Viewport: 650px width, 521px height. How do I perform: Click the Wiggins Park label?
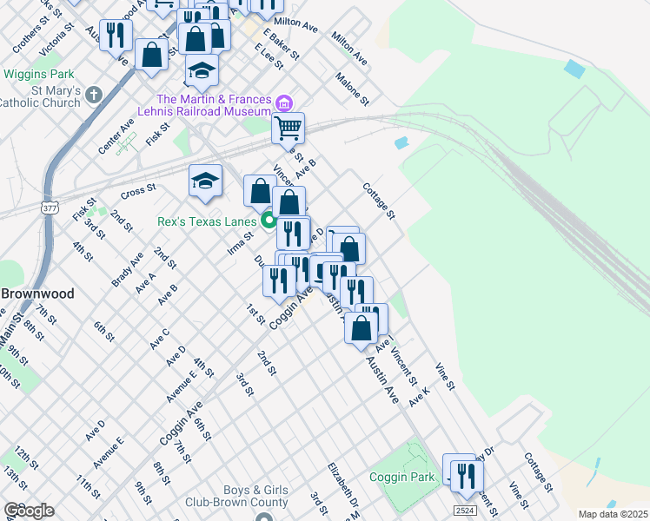(x=39, y=75)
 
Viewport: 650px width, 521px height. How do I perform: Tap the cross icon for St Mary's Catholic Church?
(x=95, y=93)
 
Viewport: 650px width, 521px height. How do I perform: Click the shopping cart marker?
(x=289, y=129)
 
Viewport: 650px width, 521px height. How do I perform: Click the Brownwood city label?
(x=26, y=293)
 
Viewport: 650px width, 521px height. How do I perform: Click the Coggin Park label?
(x=401, y=477)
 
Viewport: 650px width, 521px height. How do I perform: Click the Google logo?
(x=29, y=511)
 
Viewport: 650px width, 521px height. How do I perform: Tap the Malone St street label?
(x=353, y=89)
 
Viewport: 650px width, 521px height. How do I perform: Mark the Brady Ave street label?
(x=127, y=270)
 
